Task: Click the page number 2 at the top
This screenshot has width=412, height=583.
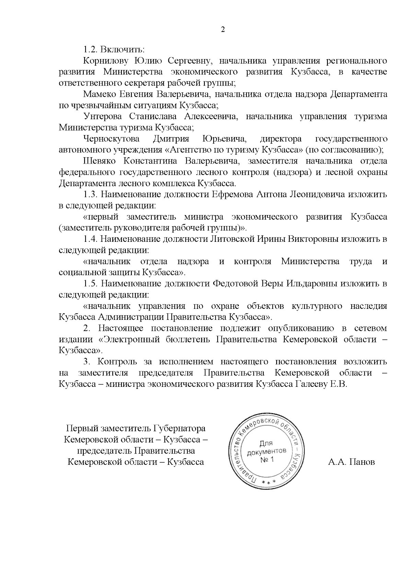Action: [x=222, y=30]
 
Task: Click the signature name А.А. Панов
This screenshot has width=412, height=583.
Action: [x=351, y=462]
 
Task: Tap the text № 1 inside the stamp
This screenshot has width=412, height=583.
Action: [x=267, y=460]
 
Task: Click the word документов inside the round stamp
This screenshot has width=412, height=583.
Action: [x=267, y=451]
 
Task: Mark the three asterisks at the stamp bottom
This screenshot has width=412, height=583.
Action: [x=266, y=483]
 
